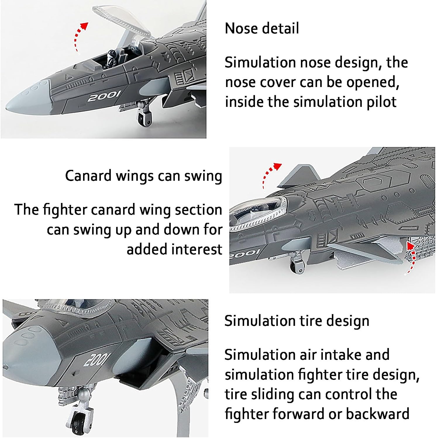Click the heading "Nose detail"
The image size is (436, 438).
tap(262, 28)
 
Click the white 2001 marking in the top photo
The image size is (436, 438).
tap(104, 96)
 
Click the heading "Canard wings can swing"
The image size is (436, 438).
tap(143, 176)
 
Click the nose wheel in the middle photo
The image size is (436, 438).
tap(297, 266)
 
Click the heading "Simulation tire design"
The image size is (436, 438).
tap(297, 321)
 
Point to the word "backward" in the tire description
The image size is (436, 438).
tap(378, 414)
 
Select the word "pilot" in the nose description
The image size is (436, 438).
tap(382, 102)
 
